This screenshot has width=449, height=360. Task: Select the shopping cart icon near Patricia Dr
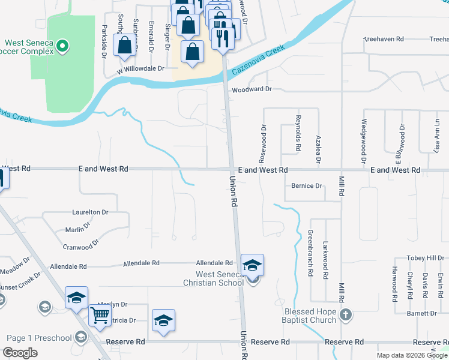[100, 314]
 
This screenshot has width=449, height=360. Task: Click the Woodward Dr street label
[252, 89]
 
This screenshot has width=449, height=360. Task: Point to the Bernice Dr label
[306, 186]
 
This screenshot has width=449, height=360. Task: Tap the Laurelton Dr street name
[90, 212]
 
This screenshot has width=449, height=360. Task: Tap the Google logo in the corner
[20, 353]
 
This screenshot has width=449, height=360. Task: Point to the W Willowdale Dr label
[140, 69]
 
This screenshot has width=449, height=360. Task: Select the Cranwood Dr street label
[81, 246]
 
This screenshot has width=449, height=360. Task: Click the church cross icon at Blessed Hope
[346, 314]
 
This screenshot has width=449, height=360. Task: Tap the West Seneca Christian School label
[213, 278]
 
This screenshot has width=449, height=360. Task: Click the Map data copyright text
[411, 355]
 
